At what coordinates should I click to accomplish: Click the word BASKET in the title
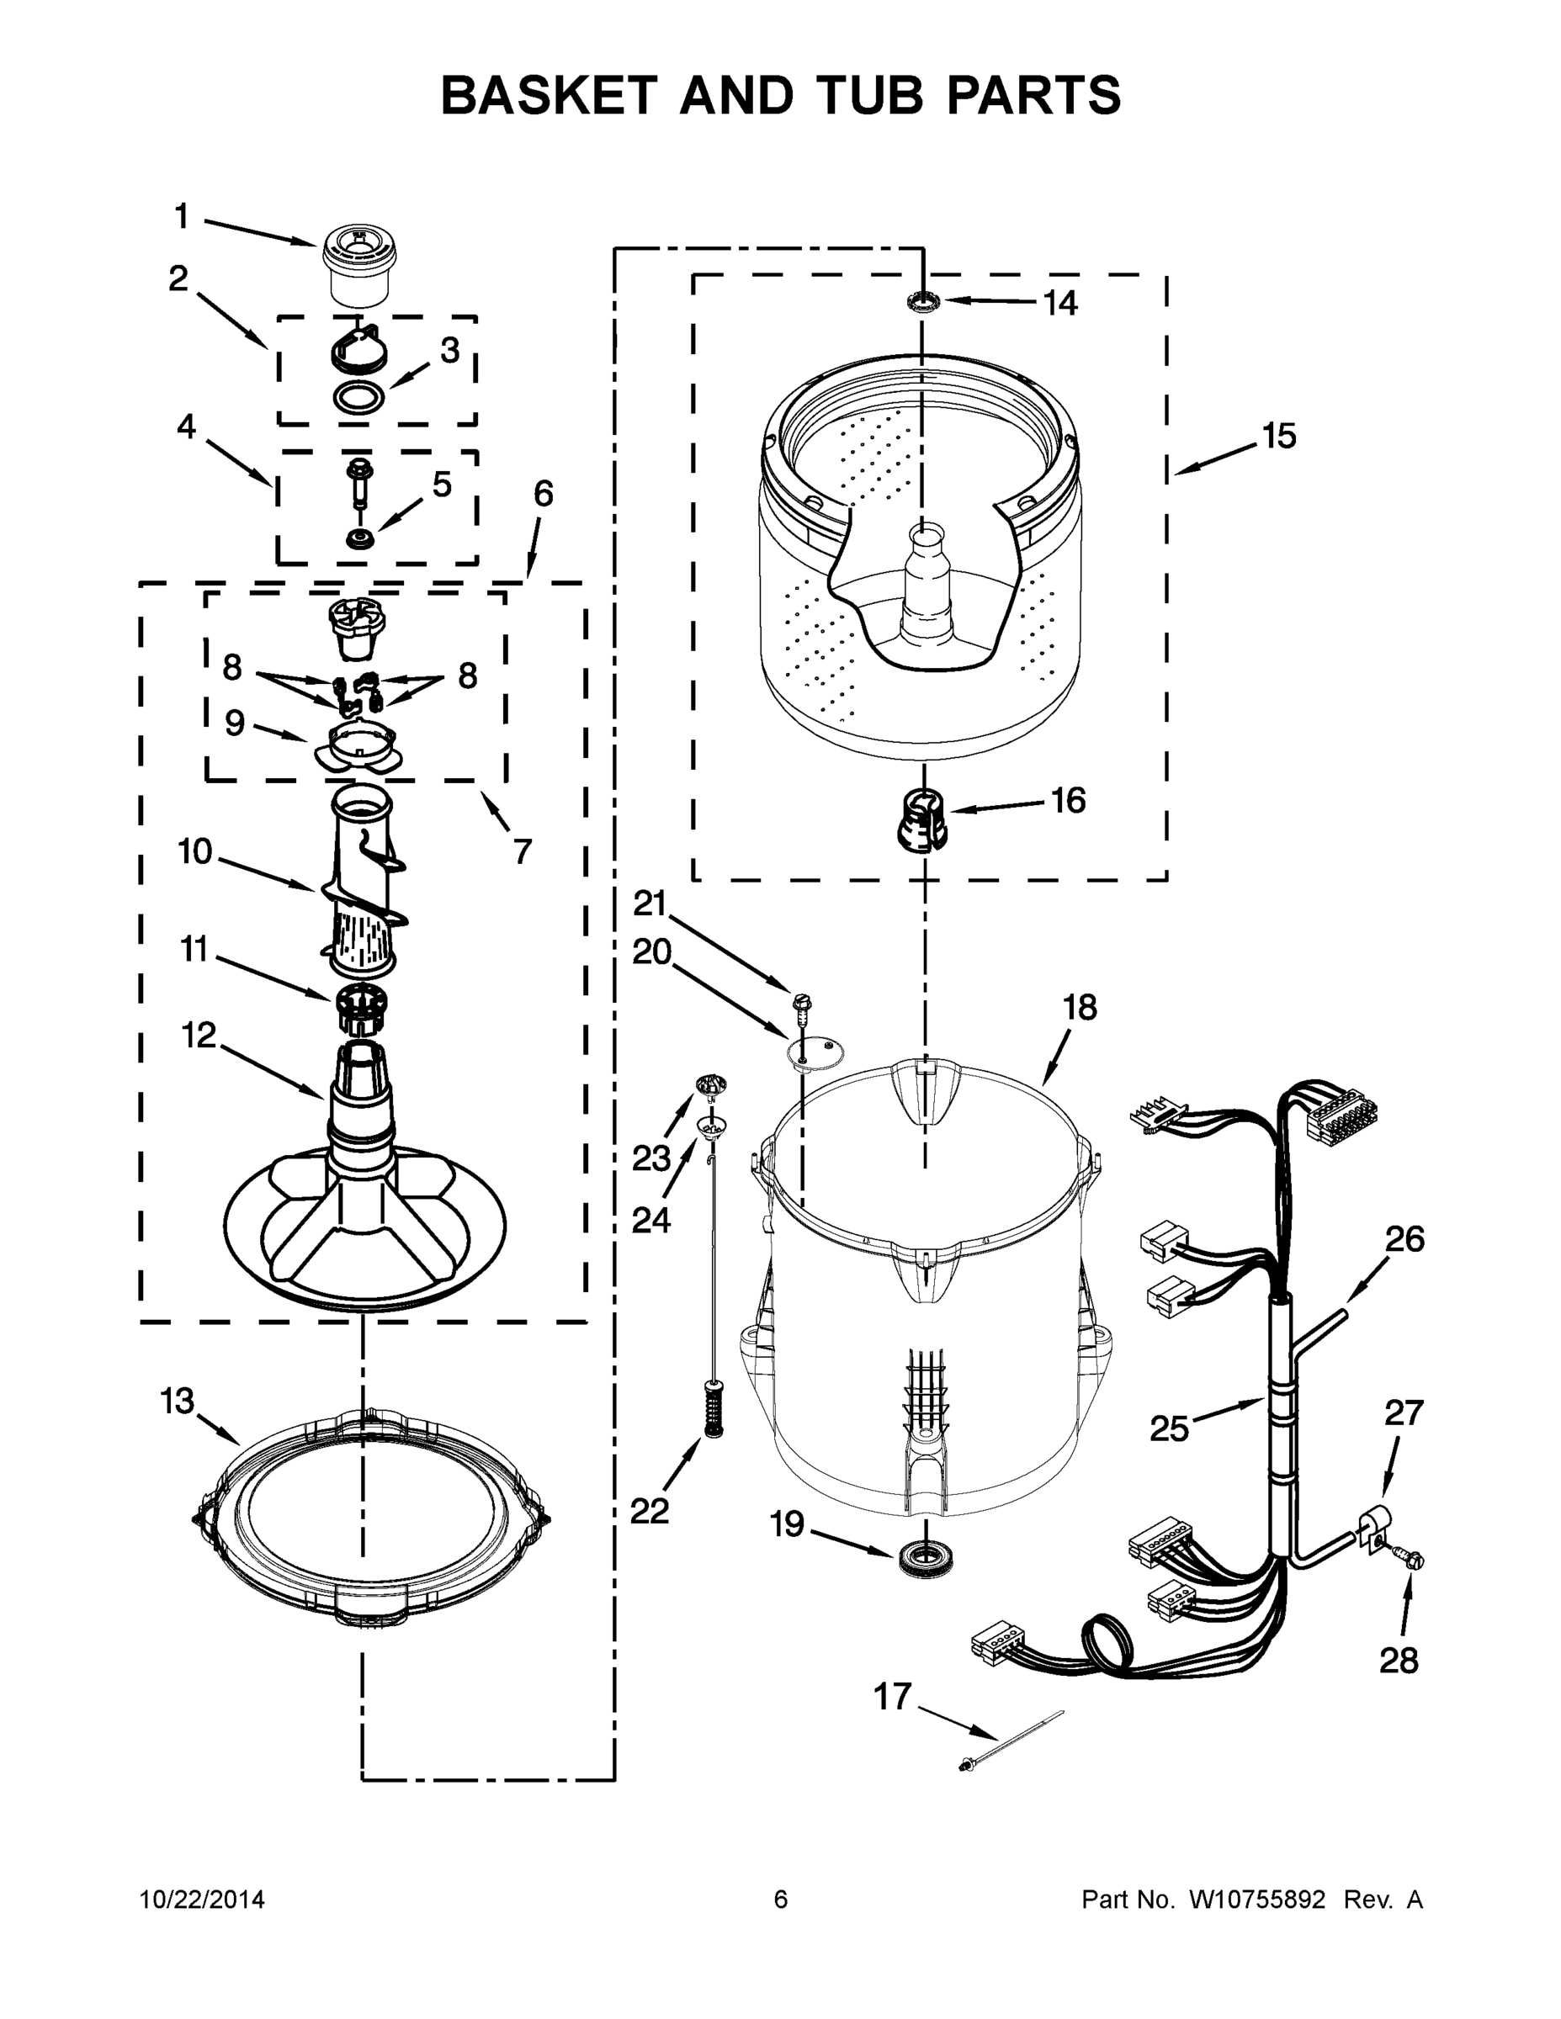[550, 95]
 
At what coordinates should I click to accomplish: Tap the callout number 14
[1059, 302]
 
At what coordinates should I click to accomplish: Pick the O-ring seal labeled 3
[359, 398]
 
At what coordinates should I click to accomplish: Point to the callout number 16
[1068, 800]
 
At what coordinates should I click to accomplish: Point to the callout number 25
[1169, 1428]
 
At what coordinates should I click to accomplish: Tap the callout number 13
[177, 1401]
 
